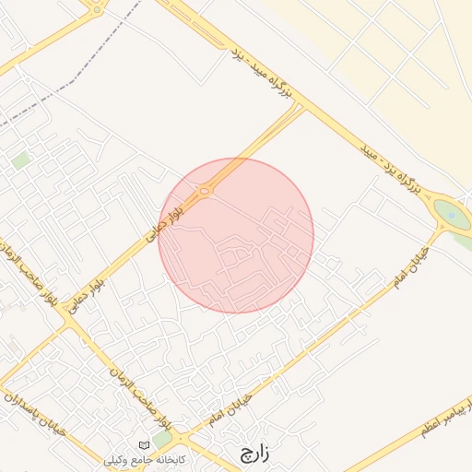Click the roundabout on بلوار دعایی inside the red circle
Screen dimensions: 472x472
coord(205,190)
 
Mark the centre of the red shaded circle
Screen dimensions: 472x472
coord(236,235)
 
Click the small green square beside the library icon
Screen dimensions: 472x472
coord(161,439)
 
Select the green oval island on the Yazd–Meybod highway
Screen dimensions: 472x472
coord(452,216)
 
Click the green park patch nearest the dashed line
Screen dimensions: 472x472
coord(20,160)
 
